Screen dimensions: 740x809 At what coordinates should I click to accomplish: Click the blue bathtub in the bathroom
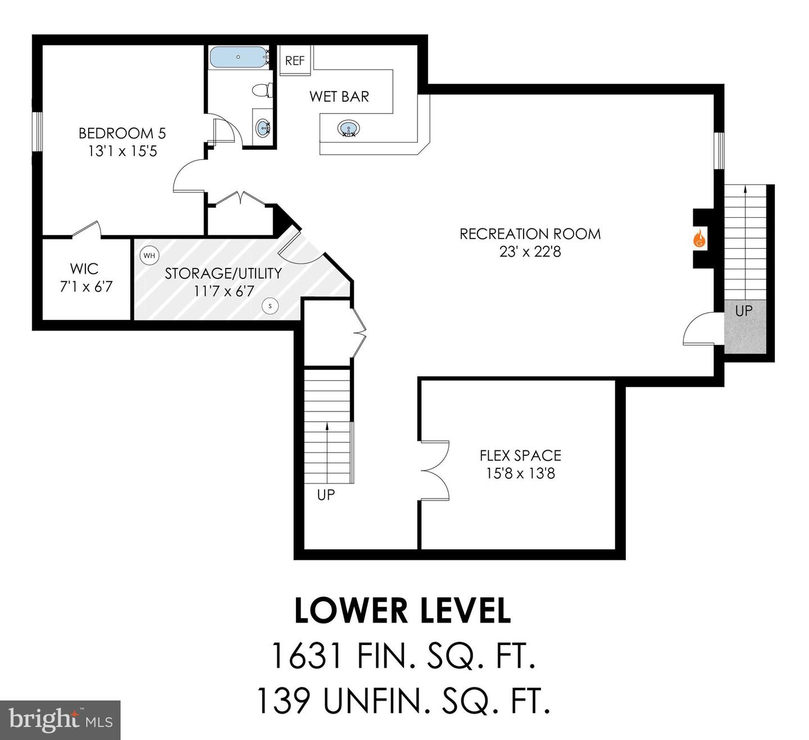pos(238,57)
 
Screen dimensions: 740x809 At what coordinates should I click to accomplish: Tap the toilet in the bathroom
pos(262,90)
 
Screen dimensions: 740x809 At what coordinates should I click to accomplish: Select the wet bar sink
pos(348,129)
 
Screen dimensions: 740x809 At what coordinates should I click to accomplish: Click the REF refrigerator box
pos(295,61)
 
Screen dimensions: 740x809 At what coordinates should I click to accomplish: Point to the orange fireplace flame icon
pos(699,239)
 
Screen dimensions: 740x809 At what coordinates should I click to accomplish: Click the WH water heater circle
pos(149,255)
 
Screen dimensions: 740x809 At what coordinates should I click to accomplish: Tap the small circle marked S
pos(270,306)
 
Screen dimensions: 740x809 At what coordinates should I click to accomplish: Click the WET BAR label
pos(339,97)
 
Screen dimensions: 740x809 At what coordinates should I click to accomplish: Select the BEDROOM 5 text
pos(122,133)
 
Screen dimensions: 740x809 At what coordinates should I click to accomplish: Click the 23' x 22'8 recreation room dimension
pos(530,252)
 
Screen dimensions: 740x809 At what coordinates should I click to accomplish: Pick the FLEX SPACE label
pos(520,455)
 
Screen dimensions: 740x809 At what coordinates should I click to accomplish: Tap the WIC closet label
pos(84,268)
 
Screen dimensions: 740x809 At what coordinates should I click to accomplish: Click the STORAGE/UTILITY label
pos(223,273)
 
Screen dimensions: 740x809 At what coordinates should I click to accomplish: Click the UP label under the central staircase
pos(326,495)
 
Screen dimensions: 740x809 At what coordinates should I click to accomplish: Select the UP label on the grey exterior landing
pos(744,310)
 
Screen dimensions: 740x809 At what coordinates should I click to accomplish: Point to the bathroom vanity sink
pos(263,128)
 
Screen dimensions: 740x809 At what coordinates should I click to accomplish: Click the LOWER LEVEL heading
pos(403,611)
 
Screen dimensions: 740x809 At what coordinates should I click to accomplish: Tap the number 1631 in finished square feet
pos(306,655)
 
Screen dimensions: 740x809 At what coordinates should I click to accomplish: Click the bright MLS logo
pos(60,720)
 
